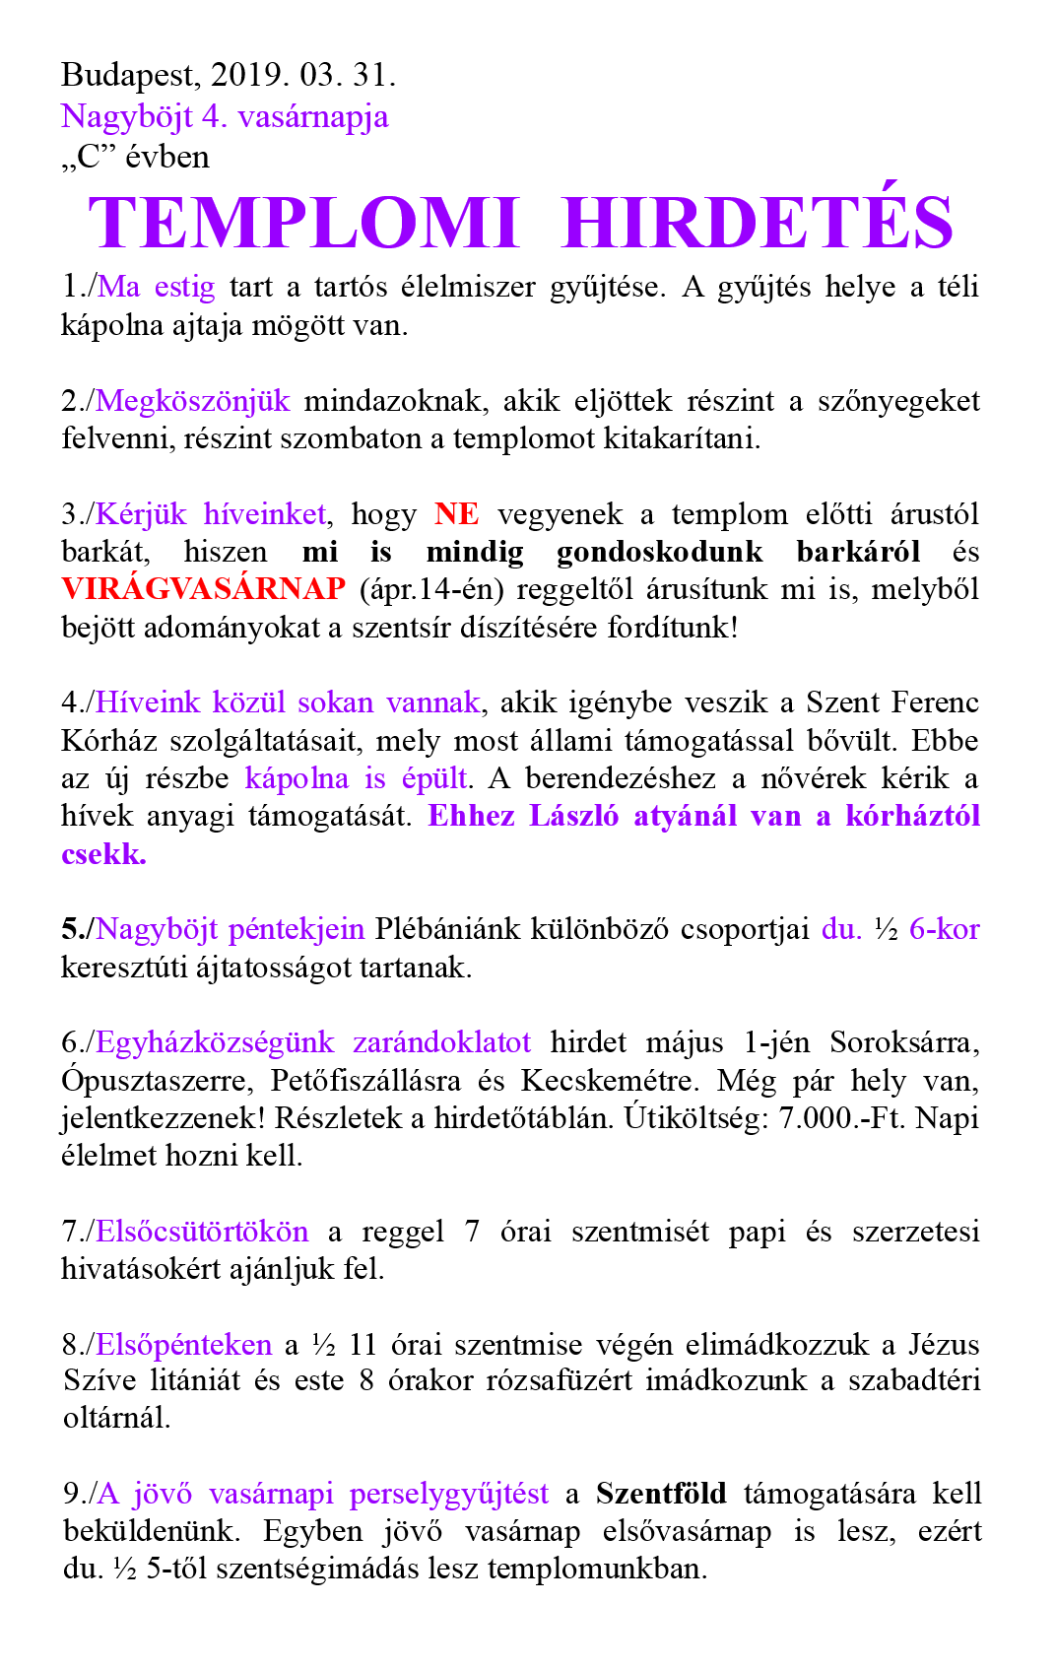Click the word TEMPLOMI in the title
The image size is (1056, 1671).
[x=303, y=224]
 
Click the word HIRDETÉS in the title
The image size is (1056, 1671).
[x=757, y=222]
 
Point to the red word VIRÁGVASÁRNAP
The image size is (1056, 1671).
[x=203, y=589]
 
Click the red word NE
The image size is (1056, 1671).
[x=456, y=514]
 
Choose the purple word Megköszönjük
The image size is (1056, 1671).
[x=193, y=401]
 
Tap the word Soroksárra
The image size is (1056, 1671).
[x=904, y=1042]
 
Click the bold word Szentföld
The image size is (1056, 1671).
[x=661, y=1494]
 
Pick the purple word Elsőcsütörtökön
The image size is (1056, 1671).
[x=202, y=1232]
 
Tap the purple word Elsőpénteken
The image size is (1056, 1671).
[x=184, y=1345]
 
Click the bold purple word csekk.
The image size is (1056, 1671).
[x=103, y=854]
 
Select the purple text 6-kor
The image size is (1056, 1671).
[x=944, y=929]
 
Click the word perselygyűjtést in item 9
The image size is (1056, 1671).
[x=449, y=1494]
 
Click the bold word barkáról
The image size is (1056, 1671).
[x=858, y=552]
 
